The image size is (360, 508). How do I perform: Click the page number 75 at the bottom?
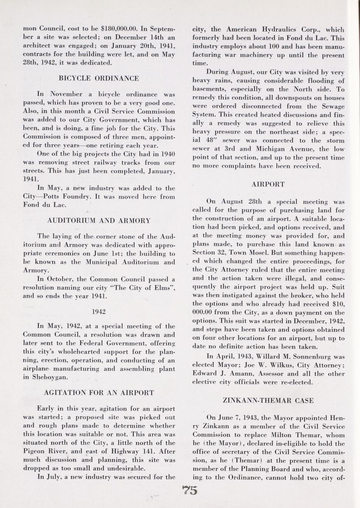point(190,490)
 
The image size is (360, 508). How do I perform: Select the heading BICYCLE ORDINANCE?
point(99,78)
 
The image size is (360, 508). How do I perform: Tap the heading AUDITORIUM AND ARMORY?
point(99,221)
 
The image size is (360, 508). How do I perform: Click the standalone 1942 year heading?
point(98,311)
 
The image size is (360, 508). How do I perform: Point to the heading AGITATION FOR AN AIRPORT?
point(99,392)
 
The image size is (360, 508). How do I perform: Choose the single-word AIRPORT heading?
point(268,184)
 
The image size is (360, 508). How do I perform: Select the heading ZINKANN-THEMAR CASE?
point(269,401)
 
